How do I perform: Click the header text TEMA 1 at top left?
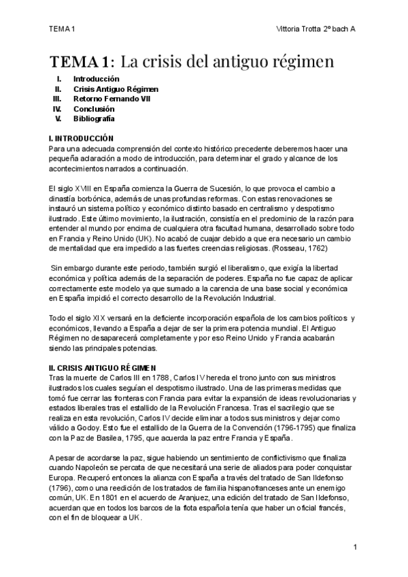point(61,28)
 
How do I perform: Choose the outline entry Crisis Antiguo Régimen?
point(116,89)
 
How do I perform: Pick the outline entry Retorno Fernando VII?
point(112,99)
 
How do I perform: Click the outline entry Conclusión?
point(94,109)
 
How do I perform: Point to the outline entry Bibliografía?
point(94,118)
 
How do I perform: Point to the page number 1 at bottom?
point(355,547)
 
